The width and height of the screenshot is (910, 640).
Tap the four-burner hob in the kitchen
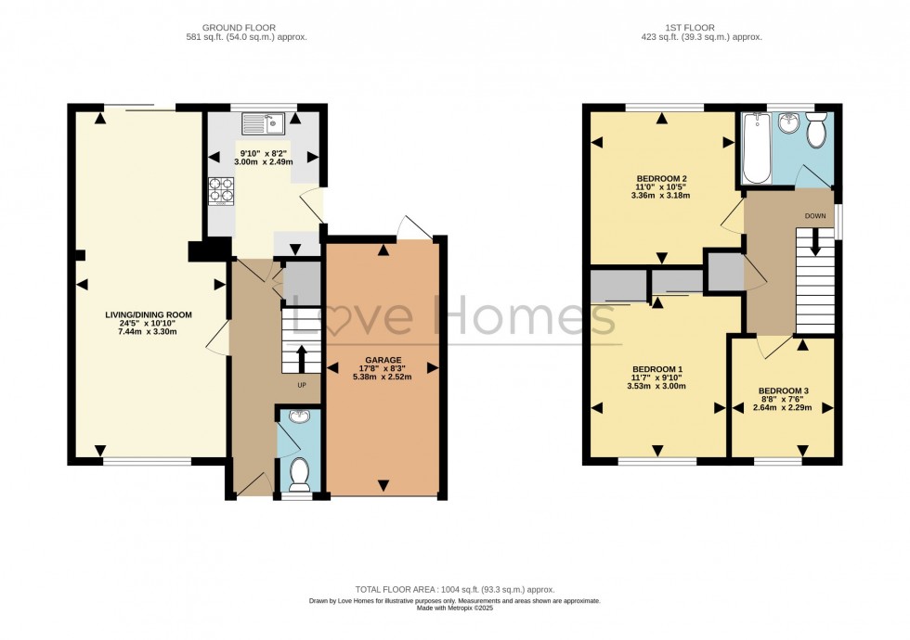[x=221, y=190]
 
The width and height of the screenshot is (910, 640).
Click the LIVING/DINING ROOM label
[x=149, y=314]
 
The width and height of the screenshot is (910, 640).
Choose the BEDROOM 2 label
[x=661, y=178]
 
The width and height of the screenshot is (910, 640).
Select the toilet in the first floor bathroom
[x=817, y=131]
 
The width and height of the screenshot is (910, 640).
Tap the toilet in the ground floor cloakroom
[x=299, y=472]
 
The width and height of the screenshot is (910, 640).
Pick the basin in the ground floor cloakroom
[x=298, y=417]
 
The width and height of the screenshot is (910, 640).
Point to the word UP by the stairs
[x=300, y=384]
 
